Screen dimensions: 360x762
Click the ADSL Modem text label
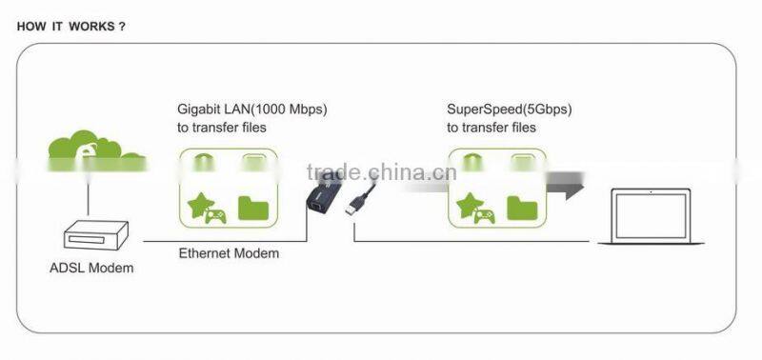91,268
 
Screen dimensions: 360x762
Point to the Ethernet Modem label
230,253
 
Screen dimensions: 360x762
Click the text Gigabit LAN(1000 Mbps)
258,109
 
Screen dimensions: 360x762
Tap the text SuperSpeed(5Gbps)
510,109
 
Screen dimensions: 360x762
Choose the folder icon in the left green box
252,207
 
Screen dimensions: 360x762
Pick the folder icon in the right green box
522,207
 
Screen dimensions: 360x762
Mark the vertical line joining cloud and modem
88,198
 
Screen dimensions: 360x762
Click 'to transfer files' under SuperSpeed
491,127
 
